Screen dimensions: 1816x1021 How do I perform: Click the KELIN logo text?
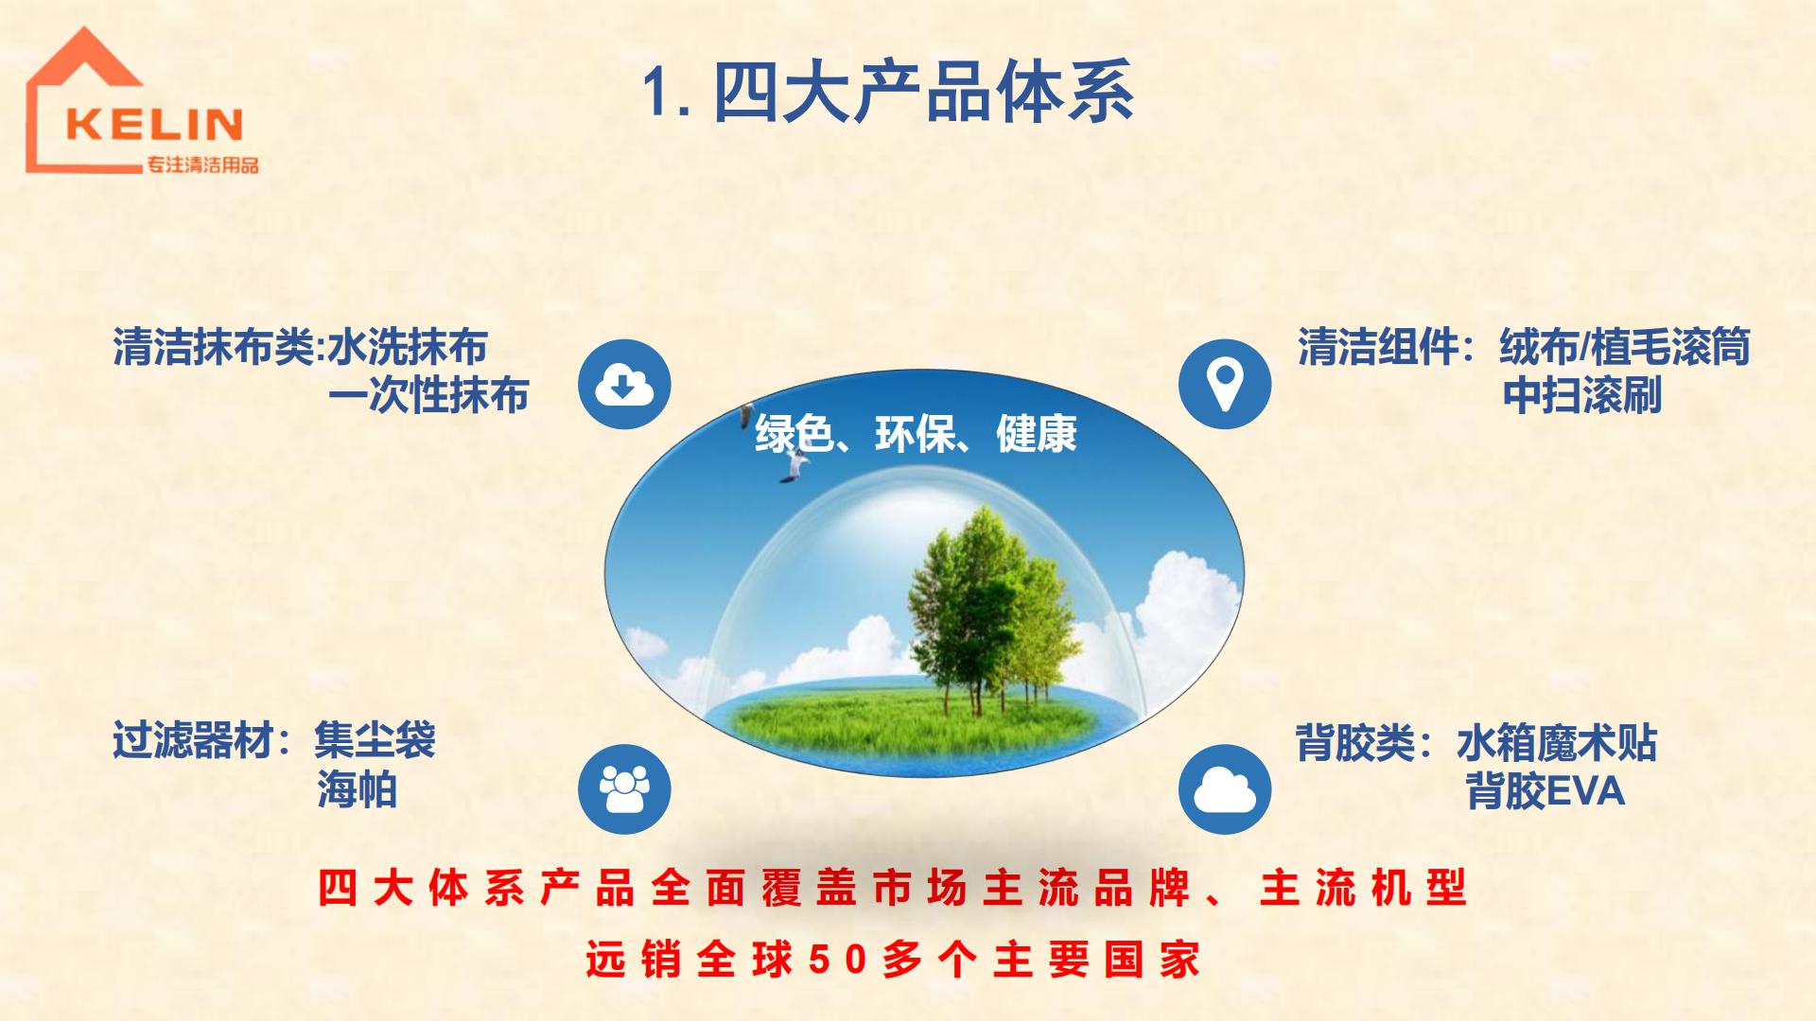pos(155,124)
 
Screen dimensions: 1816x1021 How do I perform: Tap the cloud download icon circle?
pos(624,384)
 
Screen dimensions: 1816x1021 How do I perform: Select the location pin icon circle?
pos(1225,384)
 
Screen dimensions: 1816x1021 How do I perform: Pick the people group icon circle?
pos(624,788)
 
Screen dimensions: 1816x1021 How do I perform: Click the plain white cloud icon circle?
pos(1225,788)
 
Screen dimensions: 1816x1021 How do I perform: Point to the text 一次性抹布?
pos(428,395)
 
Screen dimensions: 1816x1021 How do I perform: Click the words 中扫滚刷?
pos(1582,395)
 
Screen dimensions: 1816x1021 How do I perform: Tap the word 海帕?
pos(357,788)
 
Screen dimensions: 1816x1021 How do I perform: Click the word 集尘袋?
pos(375,739)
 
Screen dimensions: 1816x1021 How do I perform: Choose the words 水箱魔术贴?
pos(1557,743)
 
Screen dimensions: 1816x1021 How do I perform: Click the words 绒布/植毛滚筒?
pos(1625,347)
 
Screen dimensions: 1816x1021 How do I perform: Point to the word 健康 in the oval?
pos(1037,434)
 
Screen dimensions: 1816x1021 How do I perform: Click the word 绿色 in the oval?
pos(795,434)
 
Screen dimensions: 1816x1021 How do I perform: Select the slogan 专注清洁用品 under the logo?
pos(201,165)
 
